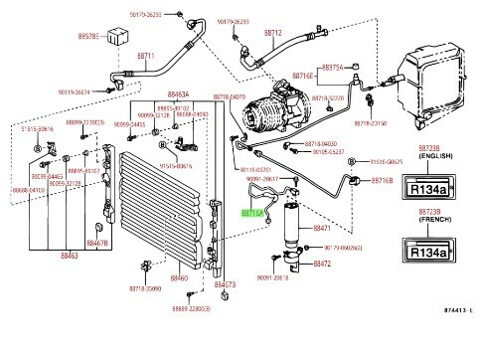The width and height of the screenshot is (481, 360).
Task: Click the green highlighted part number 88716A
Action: click(x=252, y=211)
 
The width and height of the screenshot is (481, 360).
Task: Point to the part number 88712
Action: click(x=273, y=33)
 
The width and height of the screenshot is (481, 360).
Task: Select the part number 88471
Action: click(x=322, y=228)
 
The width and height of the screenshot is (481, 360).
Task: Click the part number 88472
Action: click(x=322, y=265)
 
